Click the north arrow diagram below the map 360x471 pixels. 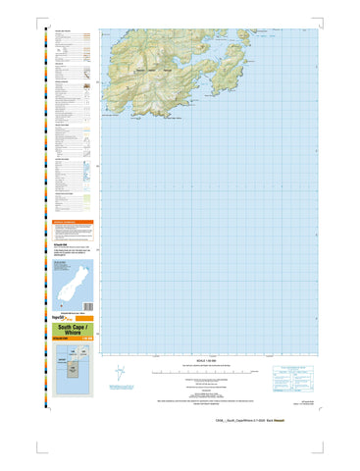[121, 374]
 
